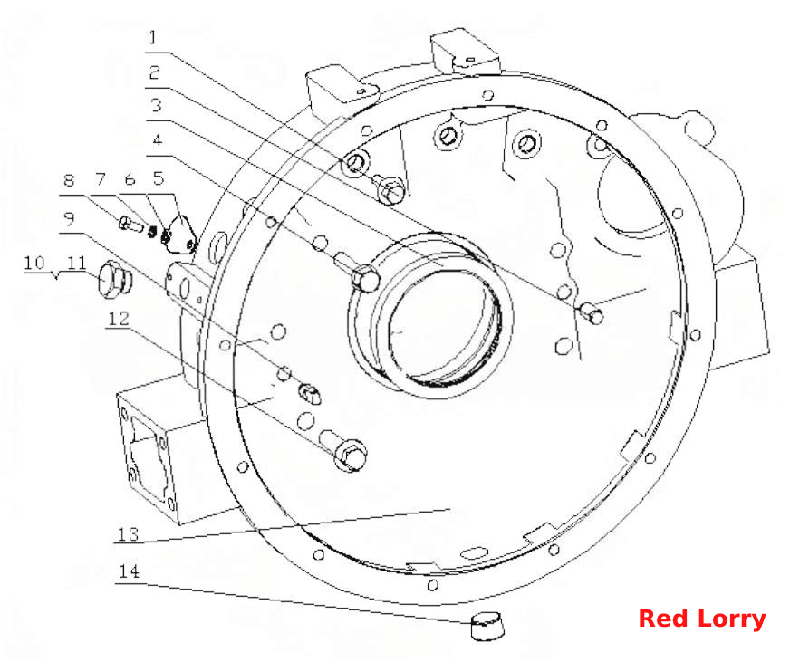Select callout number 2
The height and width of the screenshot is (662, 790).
pos(154,72)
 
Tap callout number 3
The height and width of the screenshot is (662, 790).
pos(156,105)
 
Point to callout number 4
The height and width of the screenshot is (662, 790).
pos(158,139)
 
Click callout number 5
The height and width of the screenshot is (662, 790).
pos(159,177)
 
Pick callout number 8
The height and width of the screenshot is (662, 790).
pos(69,180)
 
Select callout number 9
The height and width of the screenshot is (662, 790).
pos(69,218)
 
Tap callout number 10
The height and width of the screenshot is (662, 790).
pos(34,263)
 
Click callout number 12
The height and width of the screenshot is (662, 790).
pos(119,319)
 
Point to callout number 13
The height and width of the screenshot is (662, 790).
pos(128,533)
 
